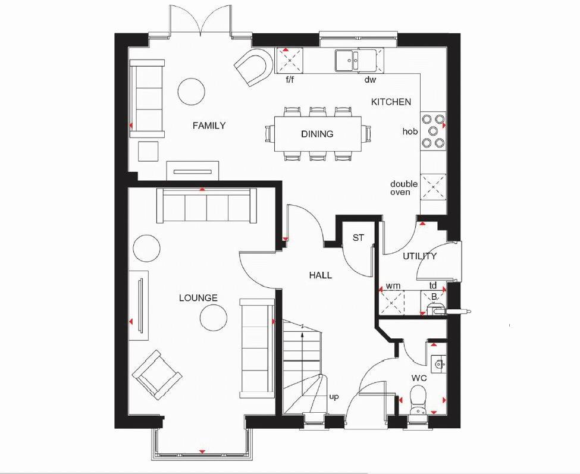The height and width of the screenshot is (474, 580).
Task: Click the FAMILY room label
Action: click(209, 125)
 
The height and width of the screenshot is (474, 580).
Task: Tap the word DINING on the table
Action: click(317, 134)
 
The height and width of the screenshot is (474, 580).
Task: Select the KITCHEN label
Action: click(391, 102)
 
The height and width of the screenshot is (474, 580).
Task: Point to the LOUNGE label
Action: click(198, 298)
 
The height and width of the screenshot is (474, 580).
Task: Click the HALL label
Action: click(320, 275)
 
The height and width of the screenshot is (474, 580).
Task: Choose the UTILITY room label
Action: click(419, 256)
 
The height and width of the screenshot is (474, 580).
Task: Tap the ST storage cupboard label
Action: click(358, 238)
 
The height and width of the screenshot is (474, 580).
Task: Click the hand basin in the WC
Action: click(438, 362)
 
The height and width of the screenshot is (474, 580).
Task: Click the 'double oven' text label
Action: click(403, 188)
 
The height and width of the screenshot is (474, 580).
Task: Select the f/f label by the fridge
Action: click(290, 79)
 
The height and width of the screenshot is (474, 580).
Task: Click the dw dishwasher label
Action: click(370, 79)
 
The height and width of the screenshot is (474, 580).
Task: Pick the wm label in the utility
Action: click(392, 286)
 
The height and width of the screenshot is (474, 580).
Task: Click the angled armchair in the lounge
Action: click(156, 374)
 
